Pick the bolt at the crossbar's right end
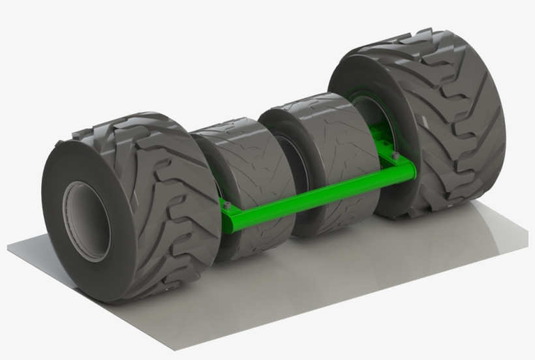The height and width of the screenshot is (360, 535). coord(395,155)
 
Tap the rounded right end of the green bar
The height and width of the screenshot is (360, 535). coord(411,171)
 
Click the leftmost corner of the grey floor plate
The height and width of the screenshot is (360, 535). coord(8,247)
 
